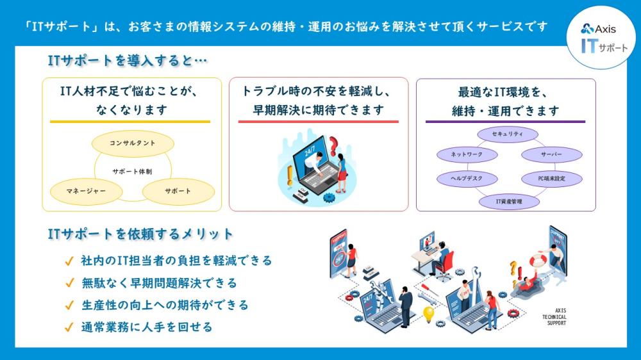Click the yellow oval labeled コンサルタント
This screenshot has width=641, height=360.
pos(133,143)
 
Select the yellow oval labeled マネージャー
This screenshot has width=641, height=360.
pos(87,192)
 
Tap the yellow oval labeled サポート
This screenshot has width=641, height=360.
pos(178,192)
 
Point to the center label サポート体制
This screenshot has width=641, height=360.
pos(132,172)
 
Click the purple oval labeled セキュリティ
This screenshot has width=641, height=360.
pos(508,134)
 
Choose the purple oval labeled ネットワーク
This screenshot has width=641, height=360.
pos(467,154)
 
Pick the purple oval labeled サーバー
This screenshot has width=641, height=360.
pos(551,155)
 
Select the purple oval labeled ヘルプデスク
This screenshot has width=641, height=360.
pos(467,179)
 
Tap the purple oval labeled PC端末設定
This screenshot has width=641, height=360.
pos(551,179)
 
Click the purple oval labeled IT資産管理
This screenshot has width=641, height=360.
pos(509,201)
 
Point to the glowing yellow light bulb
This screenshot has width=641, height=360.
pos(428,315)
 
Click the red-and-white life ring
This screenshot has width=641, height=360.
pos(538,260)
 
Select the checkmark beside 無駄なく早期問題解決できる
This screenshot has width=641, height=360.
pos(69,282)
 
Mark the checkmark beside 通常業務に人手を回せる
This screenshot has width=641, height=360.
pos(69,327)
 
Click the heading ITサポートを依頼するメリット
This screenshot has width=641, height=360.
pos(140,234)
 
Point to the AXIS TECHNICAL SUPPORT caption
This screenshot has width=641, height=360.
pos(554,317)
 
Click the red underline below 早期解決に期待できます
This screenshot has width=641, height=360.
pos(319,121)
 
